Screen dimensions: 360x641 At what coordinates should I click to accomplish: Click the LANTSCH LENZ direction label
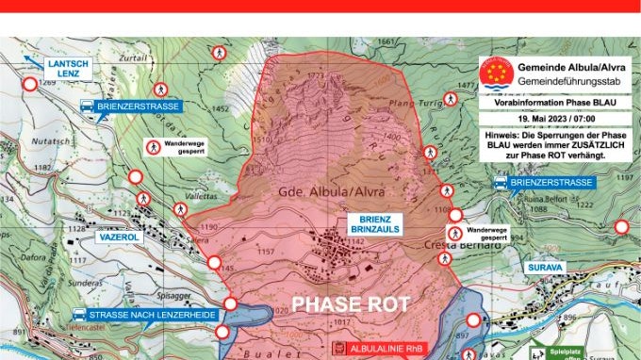click(x=67, y=69)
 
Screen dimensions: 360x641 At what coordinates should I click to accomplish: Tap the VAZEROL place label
click(x=118, y=237)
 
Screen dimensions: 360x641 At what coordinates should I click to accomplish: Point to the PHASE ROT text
click(x=350, y=304)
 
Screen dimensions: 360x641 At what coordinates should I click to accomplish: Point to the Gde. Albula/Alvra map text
click(x=327, y=191)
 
